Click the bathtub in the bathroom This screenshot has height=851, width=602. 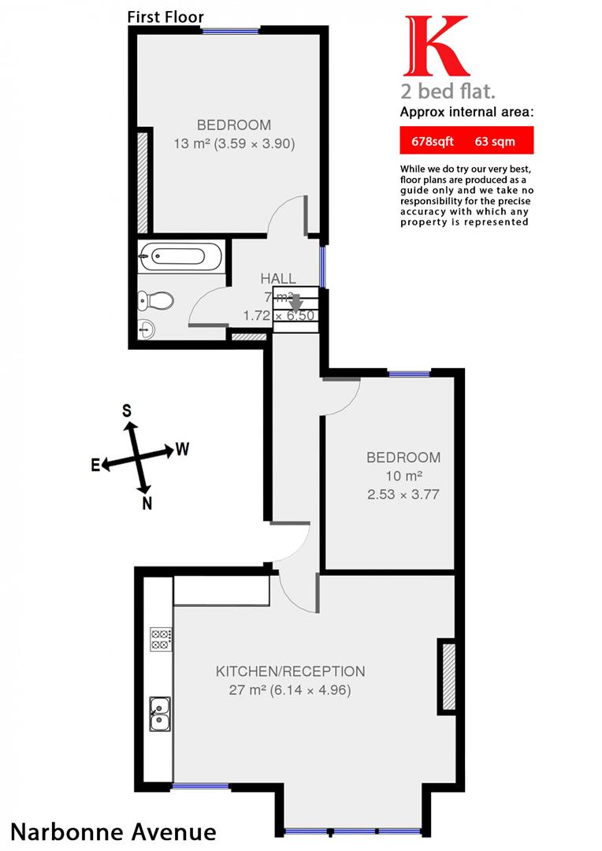click(x=180, y=256)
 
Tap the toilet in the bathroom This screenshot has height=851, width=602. click(x=155, y=300)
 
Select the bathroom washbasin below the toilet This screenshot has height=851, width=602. click(x=148, y=329)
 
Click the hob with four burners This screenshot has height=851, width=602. click(x=161, y=639)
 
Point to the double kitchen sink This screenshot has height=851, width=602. click(x=160, y=713)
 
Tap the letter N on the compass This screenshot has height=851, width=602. click(x=147, y=504)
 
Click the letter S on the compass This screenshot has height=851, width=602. click(x=126, y=410)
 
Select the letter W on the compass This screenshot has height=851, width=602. click(x=182, y=449)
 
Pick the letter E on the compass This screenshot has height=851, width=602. click(x=95, y=466)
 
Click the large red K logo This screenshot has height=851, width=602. click(x=432, y=46)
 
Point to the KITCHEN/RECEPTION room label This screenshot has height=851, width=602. click(x=290, y=671)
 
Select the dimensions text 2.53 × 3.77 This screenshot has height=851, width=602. click(x=403, y=495)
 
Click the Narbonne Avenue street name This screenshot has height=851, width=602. click(x=113, y=831)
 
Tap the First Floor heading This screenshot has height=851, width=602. click(x=165, y=17)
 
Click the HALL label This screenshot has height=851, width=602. click(x=278, y=278)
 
